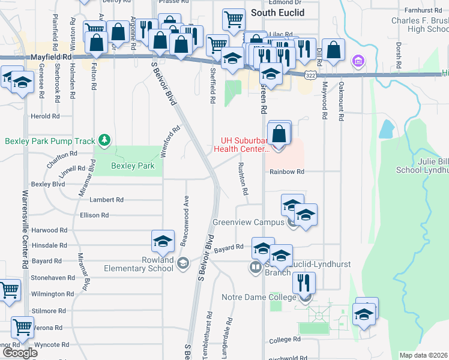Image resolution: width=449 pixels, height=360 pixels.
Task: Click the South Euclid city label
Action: pos(277,13)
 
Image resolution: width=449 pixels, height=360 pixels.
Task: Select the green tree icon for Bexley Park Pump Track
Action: pos(105,140)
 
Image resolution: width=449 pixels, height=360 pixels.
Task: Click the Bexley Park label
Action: pos(133,166)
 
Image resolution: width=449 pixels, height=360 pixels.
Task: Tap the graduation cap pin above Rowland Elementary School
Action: pos(161,241)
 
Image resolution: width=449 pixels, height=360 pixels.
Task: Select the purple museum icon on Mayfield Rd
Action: pos(358,61)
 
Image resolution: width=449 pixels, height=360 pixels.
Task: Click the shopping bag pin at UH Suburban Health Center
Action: pos(279,133)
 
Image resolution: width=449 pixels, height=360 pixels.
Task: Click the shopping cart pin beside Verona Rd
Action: pos(22,328)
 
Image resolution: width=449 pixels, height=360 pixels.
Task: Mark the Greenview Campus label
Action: pos(247,222)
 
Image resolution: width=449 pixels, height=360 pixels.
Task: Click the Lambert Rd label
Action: pos(106,200)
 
